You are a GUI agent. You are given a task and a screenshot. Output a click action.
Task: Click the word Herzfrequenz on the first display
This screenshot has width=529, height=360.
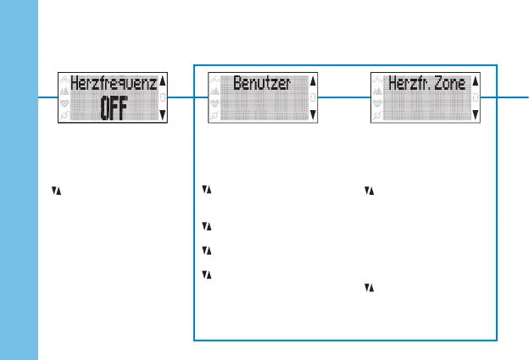point(113,84)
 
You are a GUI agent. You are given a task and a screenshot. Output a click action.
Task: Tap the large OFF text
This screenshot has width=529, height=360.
point(114,108)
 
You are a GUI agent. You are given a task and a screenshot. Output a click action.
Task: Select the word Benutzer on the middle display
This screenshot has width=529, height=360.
point(262,84)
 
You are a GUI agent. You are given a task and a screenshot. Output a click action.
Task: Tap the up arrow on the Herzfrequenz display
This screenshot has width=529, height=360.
point(163,82)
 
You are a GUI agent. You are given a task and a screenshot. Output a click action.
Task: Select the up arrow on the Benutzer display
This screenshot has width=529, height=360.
point(313,82)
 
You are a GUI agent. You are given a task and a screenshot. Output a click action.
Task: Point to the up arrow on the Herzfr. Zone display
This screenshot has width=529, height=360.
point(475,82)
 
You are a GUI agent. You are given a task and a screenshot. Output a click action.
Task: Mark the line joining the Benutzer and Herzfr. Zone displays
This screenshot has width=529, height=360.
point(344,97)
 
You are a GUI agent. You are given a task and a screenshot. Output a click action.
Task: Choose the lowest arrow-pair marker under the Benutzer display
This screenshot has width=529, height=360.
point(205,274)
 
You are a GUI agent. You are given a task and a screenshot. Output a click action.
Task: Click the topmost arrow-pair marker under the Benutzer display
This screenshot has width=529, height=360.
point(205,191)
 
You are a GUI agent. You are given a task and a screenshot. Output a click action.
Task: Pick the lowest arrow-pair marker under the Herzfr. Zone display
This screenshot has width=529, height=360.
point(367,288)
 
